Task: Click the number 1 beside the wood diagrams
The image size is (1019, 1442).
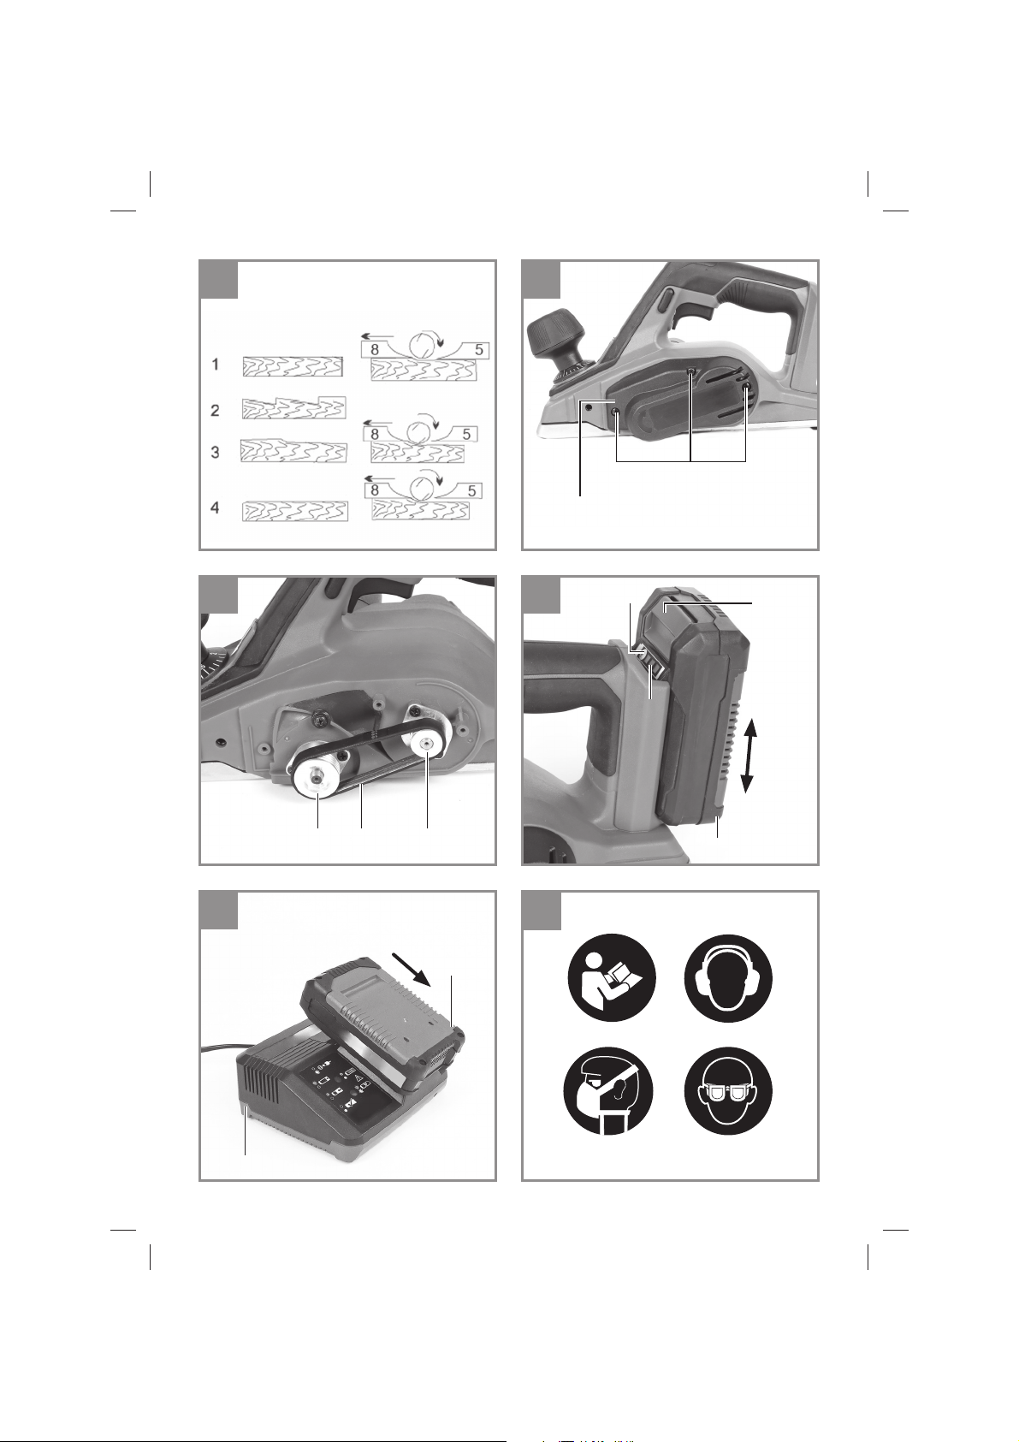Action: tap(216, 365)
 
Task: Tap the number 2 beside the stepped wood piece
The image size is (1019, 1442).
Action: tap(216, 411)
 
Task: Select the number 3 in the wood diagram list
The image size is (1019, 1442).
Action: tap(216, 453)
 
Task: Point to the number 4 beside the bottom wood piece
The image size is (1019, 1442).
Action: tap(216, 508)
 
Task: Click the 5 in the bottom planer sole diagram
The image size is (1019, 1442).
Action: tap(472, 490)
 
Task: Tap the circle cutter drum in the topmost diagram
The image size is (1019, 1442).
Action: tap(423, 345)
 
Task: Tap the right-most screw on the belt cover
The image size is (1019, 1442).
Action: tap(747, 388)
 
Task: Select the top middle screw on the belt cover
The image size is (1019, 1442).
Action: tap(690, 372)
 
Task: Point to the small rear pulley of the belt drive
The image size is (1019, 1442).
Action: tap(425, 745)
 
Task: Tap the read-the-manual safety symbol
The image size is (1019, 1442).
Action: tap(613, 978)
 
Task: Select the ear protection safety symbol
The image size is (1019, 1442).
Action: tap(729, 978)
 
